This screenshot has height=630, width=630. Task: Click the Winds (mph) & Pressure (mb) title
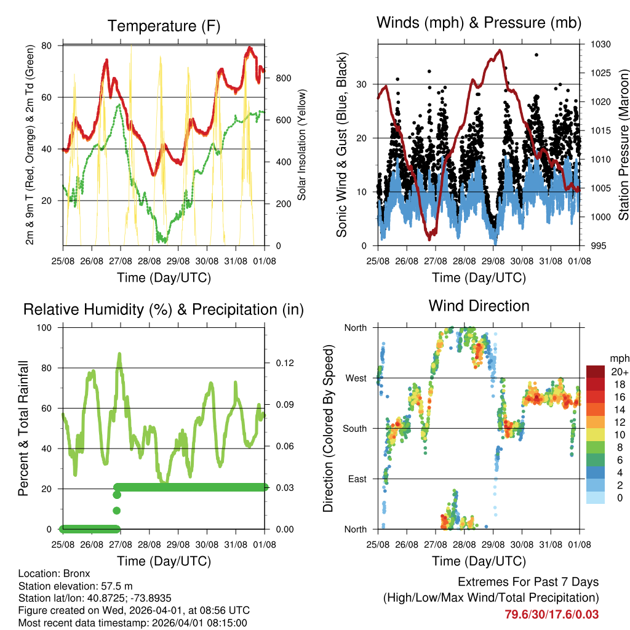tap(479, 23)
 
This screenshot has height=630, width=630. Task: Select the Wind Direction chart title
tap(479, 305)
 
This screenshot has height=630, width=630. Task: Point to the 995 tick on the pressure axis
tap(599, 246)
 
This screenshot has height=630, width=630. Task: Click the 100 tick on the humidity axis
tap(49, 327)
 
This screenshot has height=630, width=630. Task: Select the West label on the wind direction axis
tap(356, 378)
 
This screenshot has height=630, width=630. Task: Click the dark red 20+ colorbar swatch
tap(596, 372)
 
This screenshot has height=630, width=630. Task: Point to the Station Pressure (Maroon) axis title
tap(623, 145)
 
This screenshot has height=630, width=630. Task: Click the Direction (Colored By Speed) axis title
tap(328, 428)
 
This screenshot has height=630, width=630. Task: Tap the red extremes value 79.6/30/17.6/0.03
tap(551, 615)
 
